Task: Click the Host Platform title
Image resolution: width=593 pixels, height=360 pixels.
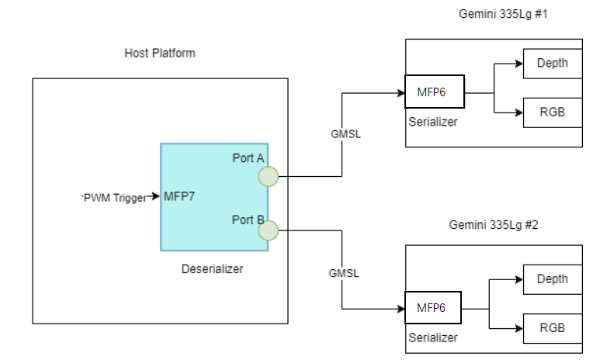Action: [x=160, y=54]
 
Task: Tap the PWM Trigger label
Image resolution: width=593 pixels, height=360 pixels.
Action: [x=115, y=198]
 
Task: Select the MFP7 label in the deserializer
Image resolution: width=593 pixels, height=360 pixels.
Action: [x=179, y=197]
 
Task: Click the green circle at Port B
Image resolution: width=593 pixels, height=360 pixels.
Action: [x=269, y=230]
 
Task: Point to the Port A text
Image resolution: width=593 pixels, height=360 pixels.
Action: [x=248, y=158]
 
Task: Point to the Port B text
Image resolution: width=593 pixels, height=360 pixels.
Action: [x=248, y=219]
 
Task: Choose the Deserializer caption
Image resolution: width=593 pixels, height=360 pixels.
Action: [x=212, y=269]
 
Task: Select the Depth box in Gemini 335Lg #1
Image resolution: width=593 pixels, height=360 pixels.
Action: [x=552, y=64]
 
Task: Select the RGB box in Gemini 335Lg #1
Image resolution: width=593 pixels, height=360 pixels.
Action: [x=552, y=112]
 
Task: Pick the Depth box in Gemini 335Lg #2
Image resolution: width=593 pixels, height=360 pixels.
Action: [x=552, y=279]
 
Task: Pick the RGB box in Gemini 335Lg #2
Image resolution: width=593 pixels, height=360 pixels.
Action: [x=552, y=328]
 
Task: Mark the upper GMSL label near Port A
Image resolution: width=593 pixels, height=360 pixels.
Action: [x=345, y=133]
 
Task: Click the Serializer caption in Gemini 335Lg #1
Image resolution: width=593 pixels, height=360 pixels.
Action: [x=432, y=121]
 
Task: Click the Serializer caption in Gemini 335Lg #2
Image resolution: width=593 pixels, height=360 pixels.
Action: [x=432, y=337]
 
